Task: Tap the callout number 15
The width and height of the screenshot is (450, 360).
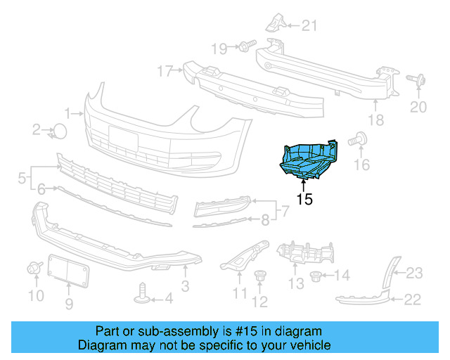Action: [x=304, y=200]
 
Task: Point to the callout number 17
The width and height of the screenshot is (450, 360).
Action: [x=165, y=71]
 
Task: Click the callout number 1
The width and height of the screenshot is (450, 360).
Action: [x=68, y=112]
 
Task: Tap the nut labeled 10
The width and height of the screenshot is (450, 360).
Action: [x=33, y=269]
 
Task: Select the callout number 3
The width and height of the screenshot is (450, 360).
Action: [x=185, y=286]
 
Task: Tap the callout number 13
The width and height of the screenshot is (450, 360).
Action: [x=296, y=283]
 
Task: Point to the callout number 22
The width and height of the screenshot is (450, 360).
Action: [x=412, y=300]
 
